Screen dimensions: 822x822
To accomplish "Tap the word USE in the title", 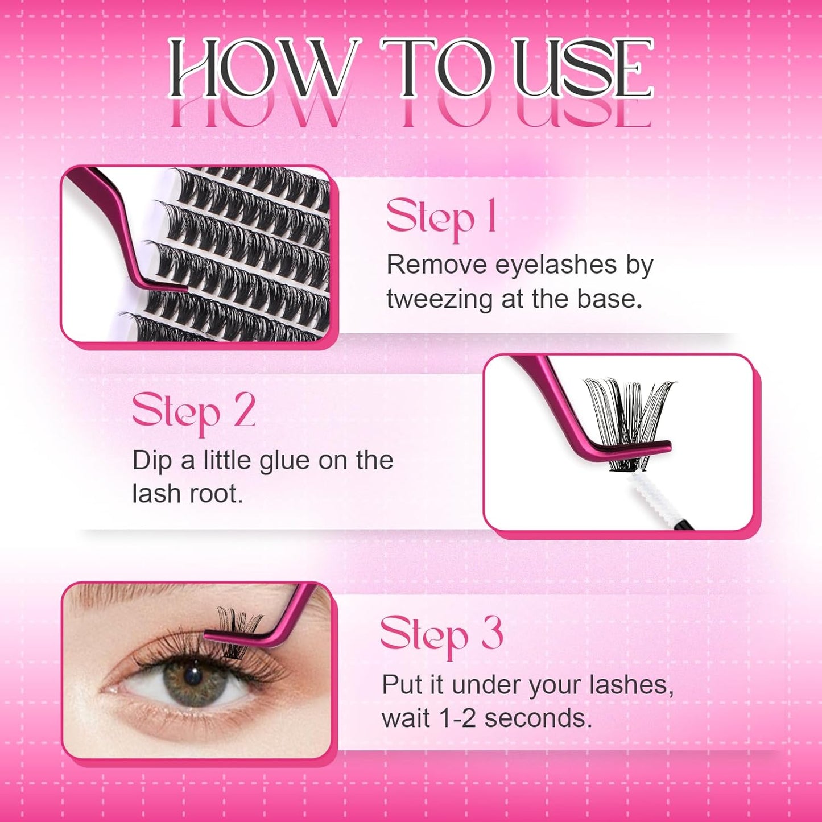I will point(583,69).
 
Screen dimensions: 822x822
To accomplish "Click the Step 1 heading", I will point(441,217).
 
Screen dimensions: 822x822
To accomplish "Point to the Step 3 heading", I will point(441,634).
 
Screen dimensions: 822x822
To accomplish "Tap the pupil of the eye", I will point(193,676).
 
